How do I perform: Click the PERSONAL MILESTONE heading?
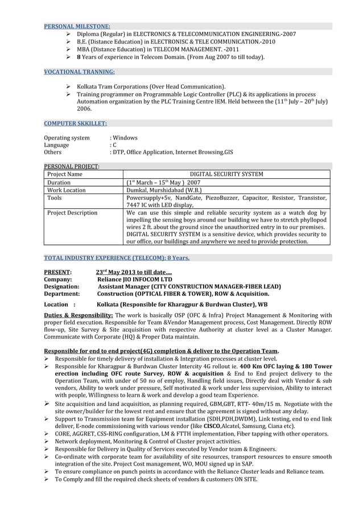[77, 26]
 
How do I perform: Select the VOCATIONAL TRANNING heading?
[80, 72]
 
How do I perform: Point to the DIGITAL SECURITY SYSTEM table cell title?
[226, 174]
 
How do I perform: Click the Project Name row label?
[65, 174]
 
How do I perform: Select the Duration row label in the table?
[59, 183]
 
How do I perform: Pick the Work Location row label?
[67, 190]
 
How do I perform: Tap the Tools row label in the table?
[55, 198]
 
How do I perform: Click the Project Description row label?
[72, 213]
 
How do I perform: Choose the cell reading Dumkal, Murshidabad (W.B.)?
[164, 190]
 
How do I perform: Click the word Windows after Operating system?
[126, 138]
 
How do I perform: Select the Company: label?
[58, 279]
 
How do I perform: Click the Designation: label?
[62, 287]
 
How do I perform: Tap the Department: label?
[62, 294]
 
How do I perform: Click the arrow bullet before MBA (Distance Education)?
[68, 50]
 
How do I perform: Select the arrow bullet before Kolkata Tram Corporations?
[68, 85]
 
